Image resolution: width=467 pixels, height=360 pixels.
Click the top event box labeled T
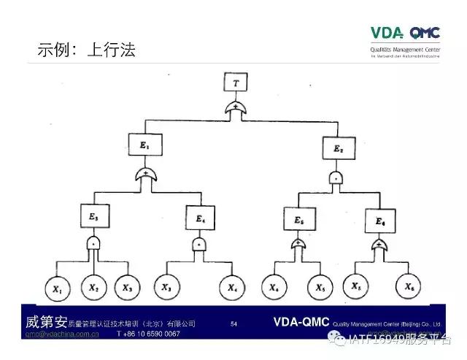pyautogui.click(x=235, y=83)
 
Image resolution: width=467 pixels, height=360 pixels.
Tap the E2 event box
pyautogui.click(x=338, y=150)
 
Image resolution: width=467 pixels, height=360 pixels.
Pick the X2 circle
pyautogui.click(x=94, y=287)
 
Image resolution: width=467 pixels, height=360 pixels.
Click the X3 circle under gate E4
pyautogui.click(x=168, y=287)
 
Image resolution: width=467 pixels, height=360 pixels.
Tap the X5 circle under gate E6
pyautogui.click(x=358, y=285)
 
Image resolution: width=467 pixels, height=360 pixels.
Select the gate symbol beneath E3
pyautogui.click(x=93, y=242)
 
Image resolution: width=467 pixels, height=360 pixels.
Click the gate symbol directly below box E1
pyautogui.click(x=147, y=175)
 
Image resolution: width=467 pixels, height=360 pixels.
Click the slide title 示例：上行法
pyautogui.click(x=87, y=50)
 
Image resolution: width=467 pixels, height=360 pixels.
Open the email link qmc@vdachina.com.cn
pyautogui.click(x=62, y=334)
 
